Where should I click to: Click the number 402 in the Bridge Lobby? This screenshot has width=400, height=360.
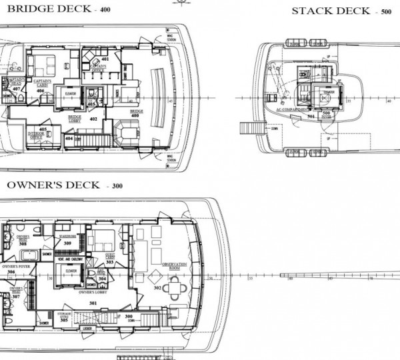click(x=93, y=119)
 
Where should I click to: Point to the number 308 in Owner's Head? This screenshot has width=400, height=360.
click(x=23, y=244)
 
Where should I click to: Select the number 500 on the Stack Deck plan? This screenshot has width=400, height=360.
click(x=327, y=113)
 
